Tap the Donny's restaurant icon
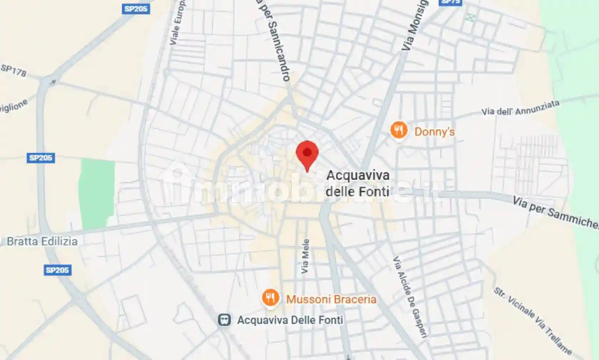[399, 130]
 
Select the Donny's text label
[434, 132]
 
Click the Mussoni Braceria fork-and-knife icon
[270, 298]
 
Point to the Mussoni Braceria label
[331, 299]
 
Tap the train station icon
[224, 320]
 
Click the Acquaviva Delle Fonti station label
[290, 320]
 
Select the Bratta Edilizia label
[42, 241]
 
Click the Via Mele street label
[305, 256]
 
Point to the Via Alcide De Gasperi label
[410, 296]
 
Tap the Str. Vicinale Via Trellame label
[533, 321]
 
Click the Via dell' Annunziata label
[520, 108]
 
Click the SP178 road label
[14, 71]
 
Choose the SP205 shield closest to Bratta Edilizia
[57, 270]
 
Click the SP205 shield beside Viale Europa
[136, 9]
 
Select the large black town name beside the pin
[358, 184]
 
